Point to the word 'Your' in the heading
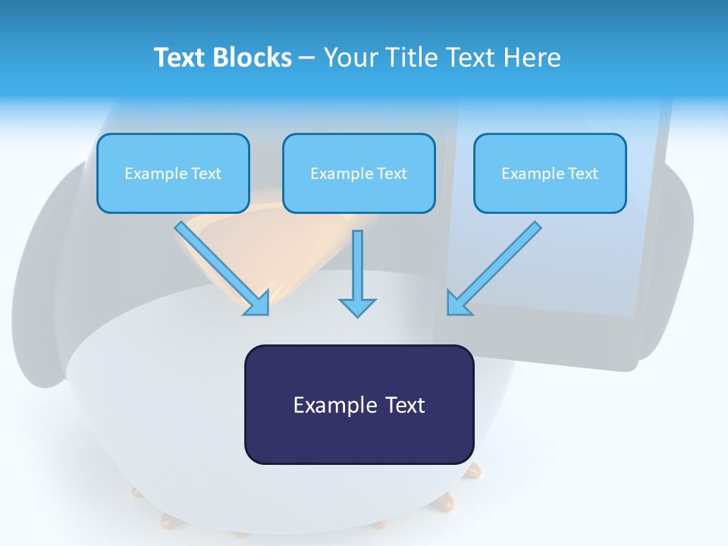tap(351, 57)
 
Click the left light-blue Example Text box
tap(173, 173)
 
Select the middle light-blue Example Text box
tap(359, 173)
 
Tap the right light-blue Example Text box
tap(551, 173)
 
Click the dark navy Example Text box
tap(359, 404)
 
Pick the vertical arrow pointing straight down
tap(357, 274)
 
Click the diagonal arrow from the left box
tap(221, 268)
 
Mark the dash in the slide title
tap(307, 59)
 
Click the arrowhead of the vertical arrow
tap(357, 308)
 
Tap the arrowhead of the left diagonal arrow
tap(258, 305)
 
